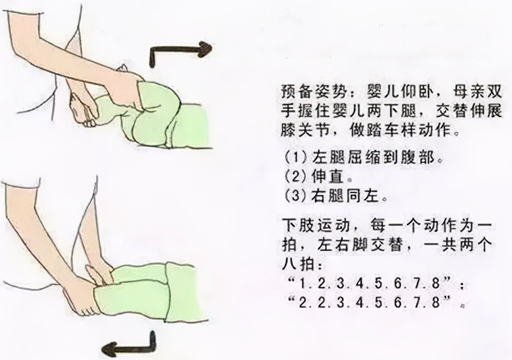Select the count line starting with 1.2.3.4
coord(372,283)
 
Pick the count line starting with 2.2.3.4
coord(372,302)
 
